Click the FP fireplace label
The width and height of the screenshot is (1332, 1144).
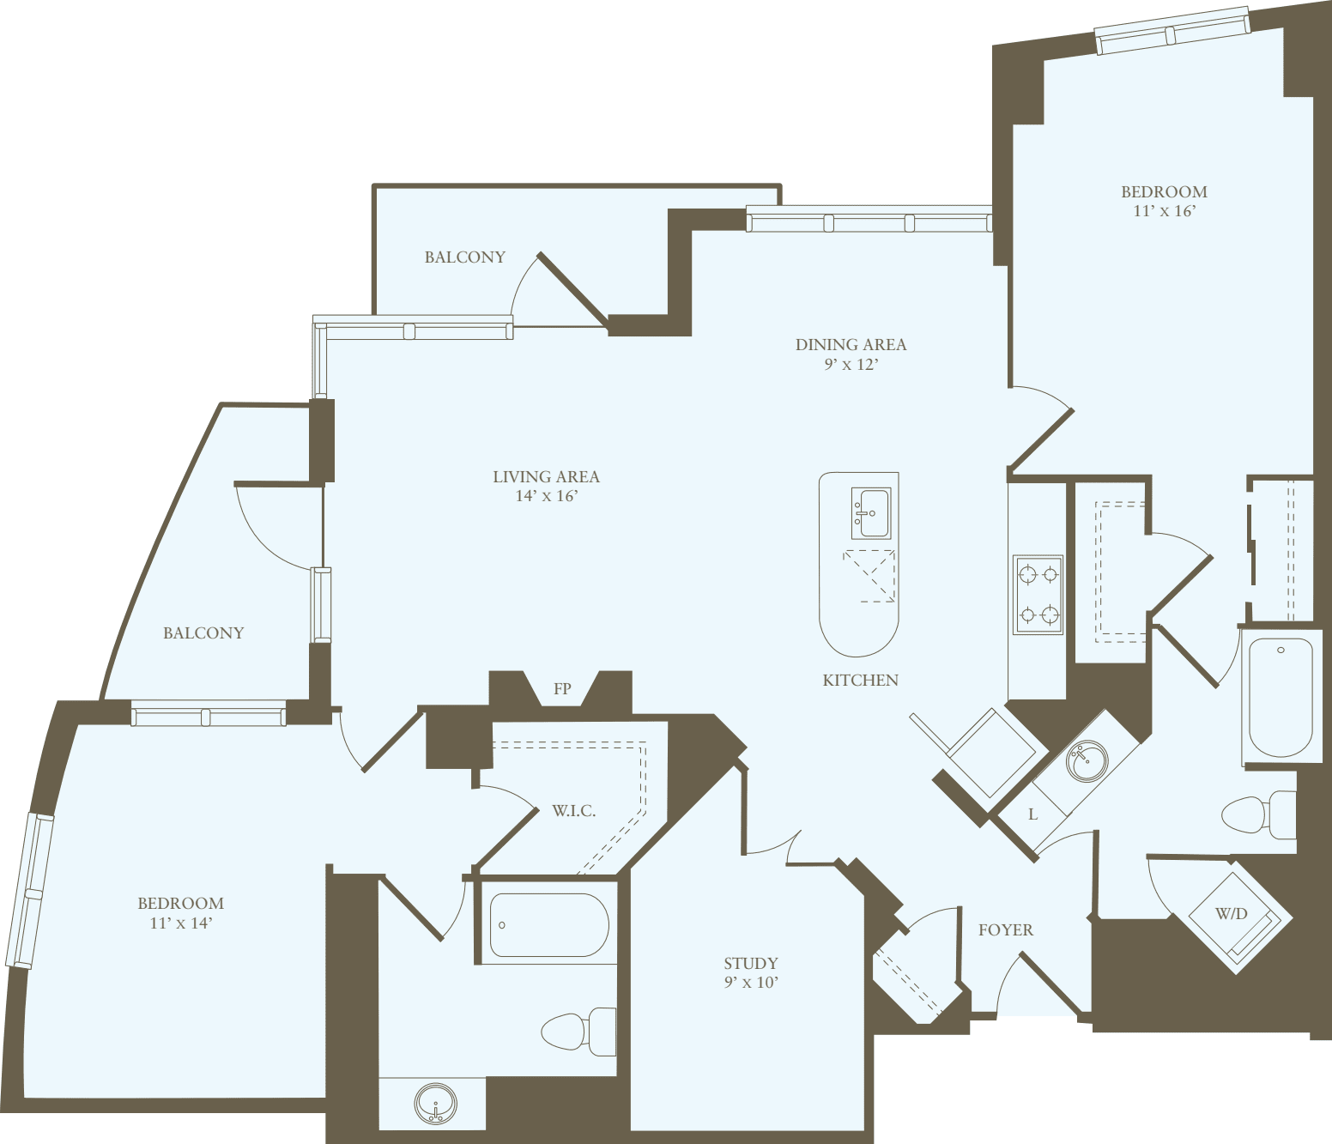[562, 689]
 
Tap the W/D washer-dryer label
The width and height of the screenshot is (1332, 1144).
[1231, 914]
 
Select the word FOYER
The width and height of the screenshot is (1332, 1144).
[1006, 930]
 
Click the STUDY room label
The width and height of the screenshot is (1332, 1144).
[751, 964]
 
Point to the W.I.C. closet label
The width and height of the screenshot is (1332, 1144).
[573, 811]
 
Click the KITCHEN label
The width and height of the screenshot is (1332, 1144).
[861, 681]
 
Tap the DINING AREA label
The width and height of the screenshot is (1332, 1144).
[851, 345]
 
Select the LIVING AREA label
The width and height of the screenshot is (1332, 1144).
[546, 477]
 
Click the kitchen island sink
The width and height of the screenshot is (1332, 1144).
[870, 512]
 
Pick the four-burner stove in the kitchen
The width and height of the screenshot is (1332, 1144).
[1038, 594]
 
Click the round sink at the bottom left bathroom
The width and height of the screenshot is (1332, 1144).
[435, 1104]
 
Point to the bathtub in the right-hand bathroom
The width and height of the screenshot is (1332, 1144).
[1281, 697]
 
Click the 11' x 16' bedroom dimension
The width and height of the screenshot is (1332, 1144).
[1164, 211]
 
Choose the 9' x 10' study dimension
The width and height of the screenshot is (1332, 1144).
[751, 983]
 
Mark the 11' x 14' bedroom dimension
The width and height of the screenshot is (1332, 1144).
[180, 923]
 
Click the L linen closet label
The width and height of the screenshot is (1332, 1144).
[1032, 814]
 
